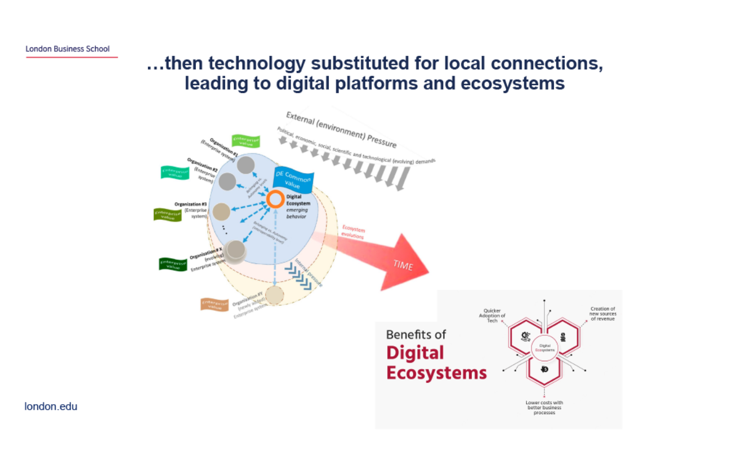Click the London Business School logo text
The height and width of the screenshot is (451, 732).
[68, 49]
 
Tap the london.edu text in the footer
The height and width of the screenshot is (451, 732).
[51, 406]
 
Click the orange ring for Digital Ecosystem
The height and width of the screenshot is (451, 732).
[275, 198]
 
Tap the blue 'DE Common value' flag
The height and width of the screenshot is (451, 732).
[293, 180]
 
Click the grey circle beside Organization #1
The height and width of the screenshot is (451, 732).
[246, 165]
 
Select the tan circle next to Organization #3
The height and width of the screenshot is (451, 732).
[222, 211]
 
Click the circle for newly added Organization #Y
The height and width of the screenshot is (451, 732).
[274, 295]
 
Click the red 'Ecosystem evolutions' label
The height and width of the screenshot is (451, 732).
[354, 233]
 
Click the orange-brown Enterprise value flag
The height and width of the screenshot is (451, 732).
[215, 304]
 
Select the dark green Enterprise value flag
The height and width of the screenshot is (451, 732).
[172, 264]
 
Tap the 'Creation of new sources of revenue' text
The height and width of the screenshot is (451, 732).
[602, 313]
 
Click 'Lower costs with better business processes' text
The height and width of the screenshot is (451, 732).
[543, 408]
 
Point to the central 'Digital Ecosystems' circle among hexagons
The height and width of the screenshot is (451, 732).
[544, 347]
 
